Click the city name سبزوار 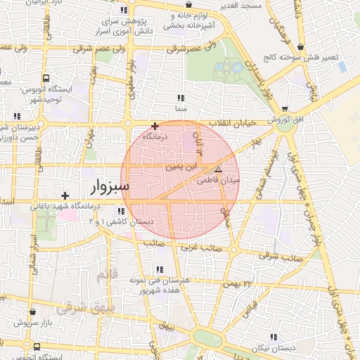pos(108,188)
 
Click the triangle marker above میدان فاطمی pos(218,170)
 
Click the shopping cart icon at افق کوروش pos(284,109)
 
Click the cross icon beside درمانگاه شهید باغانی pos(65,195)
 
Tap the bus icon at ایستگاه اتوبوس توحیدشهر pos(46,78)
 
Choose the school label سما pos(181,109)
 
